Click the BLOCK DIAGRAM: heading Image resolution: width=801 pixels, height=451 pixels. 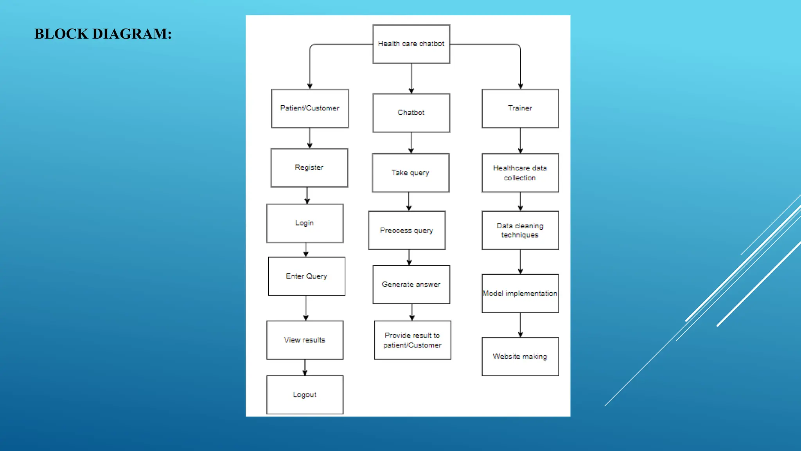103,34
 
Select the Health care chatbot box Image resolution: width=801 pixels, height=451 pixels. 411,44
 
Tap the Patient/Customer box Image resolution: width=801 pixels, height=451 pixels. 310,108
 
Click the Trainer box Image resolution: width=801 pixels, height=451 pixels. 520,108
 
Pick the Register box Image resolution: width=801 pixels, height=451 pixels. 309,168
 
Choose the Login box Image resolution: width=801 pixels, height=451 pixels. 305,223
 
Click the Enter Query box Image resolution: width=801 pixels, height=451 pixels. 307,276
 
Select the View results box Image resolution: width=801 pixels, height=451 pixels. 305,340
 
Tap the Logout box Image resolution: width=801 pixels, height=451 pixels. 305,395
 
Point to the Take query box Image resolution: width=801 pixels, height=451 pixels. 411,173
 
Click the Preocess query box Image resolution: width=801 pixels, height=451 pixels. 407,230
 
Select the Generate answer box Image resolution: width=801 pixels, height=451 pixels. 411,285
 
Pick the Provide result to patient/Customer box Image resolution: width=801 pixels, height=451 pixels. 412,340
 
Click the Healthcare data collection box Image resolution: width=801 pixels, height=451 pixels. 520,173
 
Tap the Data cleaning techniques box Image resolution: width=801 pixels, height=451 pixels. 520,230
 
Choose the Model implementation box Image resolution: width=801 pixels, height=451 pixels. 520,293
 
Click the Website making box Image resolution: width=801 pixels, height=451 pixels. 520,356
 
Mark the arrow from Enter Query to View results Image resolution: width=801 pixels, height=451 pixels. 306,308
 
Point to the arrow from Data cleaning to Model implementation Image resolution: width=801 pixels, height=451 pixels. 520,262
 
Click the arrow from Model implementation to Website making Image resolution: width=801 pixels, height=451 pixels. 520,325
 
